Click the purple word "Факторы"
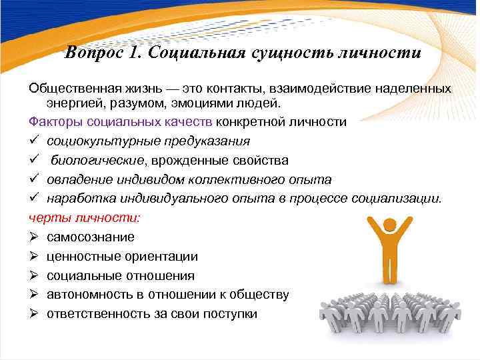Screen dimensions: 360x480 (x=53, y=122)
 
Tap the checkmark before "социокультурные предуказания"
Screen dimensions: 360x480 (x=33, y=141)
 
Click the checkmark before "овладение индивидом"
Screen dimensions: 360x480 (x=33, y=180)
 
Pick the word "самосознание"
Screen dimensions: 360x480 (x=90, y=237)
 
